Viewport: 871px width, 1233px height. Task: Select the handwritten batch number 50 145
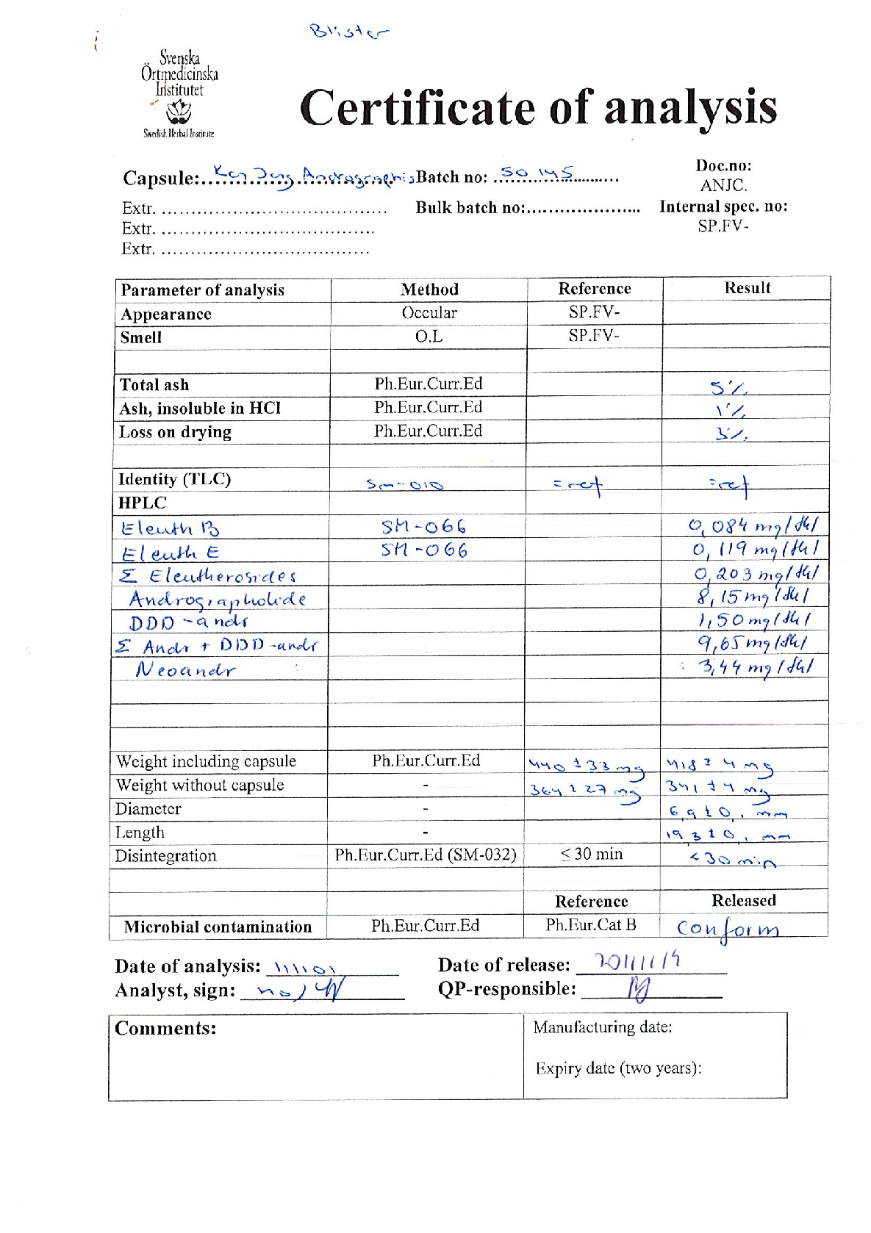pos(536,174)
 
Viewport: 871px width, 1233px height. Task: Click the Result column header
pos(747,288)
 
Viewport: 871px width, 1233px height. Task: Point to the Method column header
pos(429,290)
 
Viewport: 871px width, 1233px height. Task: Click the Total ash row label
pos(154,385)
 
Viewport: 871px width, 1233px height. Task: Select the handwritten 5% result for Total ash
pos(728,387)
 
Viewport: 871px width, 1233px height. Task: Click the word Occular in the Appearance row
pos(429,313)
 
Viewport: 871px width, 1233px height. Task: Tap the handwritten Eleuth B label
pos(170,528)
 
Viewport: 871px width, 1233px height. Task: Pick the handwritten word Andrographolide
pos(218,600)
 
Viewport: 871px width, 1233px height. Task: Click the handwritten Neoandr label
pos(185,669)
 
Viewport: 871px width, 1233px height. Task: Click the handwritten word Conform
pos(727,930)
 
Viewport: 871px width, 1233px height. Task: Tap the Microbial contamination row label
pos(218,927)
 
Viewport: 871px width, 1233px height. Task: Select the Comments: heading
pos(165,1028)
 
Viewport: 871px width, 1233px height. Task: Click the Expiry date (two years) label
pos(617,1068)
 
